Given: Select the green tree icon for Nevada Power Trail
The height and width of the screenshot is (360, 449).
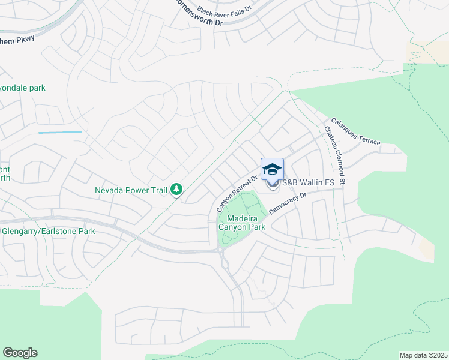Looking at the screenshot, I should click(x=176, y=190).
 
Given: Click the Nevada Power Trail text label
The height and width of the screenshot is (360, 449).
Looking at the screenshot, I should click(x=131, y=190).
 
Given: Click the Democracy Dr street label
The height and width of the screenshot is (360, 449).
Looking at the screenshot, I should click(x=288, y=203).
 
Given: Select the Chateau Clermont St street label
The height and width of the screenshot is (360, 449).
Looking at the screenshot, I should click(x=335, y=155).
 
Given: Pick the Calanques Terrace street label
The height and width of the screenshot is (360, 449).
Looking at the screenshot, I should click(x=356, y=130).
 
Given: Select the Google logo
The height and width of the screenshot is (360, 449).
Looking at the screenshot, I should click(x=20, y=353).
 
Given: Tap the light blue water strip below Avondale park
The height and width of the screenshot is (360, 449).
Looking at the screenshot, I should click(x=60, y=132).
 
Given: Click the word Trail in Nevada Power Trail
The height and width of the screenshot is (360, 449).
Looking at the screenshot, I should click(x=156, y=190).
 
